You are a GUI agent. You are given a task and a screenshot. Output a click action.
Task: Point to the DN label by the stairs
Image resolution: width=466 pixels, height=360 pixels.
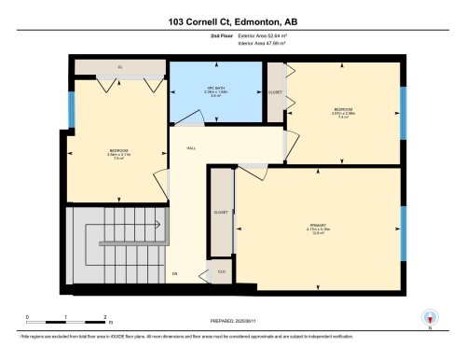(x=174, y=273)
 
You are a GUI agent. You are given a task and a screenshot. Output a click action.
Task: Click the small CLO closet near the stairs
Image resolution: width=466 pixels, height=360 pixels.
(x=221, y=271)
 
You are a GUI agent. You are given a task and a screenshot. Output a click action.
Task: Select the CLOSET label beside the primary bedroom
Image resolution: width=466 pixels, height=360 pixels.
(x=220, y=213)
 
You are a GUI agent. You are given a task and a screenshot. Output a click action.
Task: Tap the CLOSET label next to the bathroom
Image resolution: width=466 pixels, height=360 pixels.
(x=275, y=93)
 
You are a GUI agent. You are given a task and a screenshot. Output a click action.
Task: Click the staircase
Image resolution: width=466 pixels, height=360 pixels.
(x=117, y=246)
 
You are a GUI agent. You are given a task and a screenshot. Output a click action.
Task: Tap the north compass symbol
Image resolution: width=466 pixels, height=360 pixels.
(x=430, y=317)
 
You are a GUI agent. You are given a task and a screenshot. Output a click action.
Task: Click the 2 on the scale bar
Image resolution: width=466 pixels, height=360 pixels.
(x=105, y=317)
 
